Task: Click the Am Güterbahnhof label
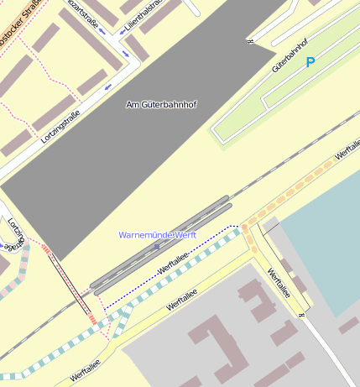(160, 104)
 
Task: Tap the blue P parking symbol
(310, 62)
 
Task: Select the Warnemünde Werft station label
(158, 235)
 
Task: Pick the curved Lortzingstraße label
(12, 234)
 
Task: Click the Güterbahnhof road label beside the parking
(290, 54)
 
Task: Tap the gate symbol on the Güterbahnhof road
(250, 40)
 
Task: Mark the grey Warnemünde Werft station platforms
(159, 243)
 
